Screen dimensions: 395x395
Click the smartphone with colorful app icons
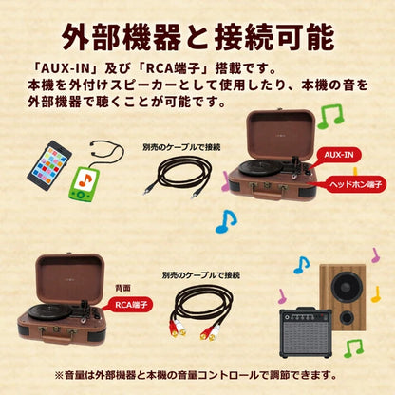coord(49,165)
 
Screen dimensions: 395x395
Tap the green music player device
coord(85,183)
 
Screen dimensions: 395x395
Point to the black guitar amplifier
coord(306,332)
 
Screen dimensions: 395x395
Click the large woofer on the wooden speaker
coord(347,288)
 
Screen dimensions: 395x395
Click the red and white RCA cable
coord(200,311)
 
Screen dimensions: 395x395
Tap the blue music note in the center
coord(226,221)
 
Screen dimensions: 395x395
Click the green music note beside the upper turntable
coord(330,116)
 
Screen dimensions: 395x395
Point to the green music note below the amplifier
coord(353,348)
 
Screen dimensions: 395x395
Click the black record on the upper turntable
coord(260,167)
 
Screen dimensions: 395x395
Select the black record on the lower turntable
coord(49,311)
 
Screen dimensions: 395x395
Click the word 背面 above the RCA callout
coord(122,289)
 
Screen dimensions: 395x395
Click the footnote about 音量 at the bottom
coord(196,375)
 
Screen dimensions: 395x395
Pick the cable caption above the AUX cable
coord(181,147)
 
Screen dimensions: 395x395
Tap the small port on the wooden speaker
coord(347,317)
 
